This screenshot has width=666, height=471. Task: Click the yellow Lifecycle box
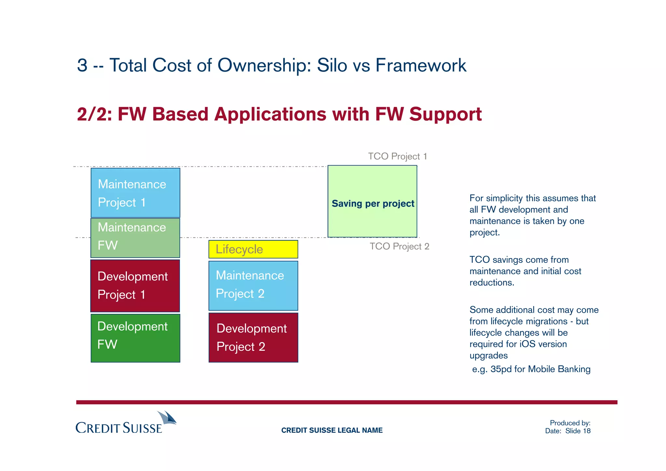pyautogui.click(x=253, y=249)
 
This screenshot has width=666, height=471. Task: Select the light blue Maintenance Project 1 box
pyautogui.click(x=135, y=193)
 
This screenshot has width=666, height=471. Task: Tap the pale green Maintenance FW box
pyautogui.click(x=135, y=238)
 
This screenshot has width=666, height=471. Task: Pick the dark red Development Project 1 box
pyautogui.click(x=135, y=286)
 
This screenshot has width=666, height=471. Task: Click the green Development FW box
pyautogui.click(x=135, y=338)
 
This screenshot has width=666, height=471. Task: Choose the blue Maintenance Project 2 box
pyautogui.click(x=253, y=286)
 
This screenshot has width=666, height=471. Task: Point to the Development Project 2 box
pyautogui.click(x=253, y=338)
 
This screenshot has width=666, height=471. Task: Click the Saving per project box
pyautogui.click(x=372, y=202)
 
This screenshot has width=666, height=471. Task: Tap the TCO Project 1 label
pyautogui.click(x=397, y=156)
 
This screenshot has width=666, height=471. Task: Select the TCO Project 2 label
pyautogui.click(x=399, y=247)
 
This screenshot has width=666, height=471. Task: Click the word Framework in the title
pyautogui.click(x=421, y=65)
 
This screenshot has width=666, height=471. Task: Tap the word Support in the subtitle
pyautogui.click(x=445, y=114)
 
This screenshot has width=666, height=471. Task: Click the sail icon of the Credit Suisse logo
pyautogui.click(x=167, y=418)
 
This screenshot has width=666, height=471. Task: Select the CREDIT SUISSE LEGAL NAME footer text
pyautogui.click(x=332, y=430)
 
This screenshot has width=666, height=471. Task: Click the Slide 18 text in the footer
pyautogui.click(x=578, y=431)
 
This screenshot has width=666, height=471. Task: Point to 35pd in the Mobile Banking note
pyautogui.click(x=501, y=369)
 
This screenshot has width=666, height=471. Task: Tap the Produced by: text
pyautogui.click(x=570, y=423)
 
